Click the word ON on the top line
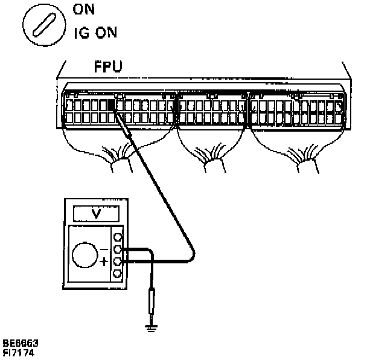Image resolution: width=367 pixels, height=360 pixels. (x=84, y=10)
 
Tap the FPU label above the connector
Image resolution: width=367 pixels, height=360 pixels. (x=108, y=65)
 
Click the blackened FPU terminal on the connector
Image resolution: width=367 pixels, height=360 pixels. (x=110, y=104)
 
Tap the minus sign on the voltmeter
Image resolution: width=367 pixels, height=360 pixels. (x=104, y=248)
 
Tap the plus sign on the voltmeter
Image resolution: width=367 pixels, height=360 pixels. (x=104, y=262)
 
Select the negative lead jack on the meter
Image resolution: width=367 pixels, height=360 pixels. (x=118, y=249)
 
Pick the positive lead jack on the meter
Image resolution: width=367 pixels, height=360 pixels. (x=118, y=262)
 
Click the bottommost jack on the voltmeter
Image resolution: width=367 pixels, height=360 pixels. (x=118, y=274)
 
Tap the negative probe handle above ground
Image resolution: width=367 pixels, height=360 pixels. (x=151, y=302)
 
